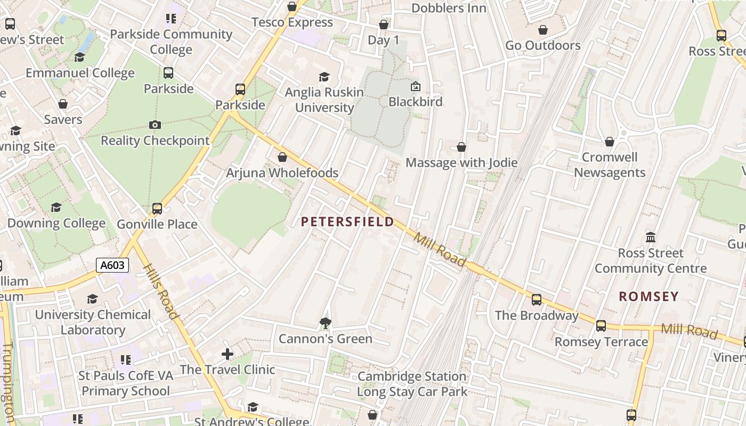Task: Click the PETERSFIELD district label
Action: point(347,222)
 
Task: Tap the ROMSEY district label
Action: point(648,297)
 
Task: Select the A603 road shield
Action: point(113,265)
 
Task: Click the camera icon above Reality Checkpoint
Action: point(155,125)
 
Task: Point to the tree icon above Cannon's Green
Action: point(325,323)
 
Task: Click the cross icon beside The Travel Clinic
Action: point(228,354)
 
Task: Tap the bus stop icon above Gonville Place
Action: point(157,208)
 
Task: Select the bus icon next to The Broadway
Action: point(537,299)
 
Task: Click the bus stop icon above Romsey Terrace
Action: point(601,326)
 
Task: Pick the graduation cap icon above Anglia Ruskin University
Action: point(324,77)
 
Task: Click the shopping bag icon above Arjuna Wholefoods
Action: point(282,157)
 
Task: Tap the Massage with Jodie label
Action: point(461,162)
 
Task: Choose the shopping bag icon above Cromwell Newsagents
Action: point(610,142)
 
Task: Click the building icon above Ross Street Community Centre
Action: point(651,237)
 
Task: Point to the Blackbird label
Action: point(416,101)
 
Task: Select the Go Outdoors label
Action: point(542,45)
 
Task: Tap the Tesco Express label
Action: point(292,22)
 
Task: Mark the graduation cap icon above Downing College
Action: point(56,207)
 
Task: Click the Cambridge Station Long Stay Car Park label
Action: point(412,384)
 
